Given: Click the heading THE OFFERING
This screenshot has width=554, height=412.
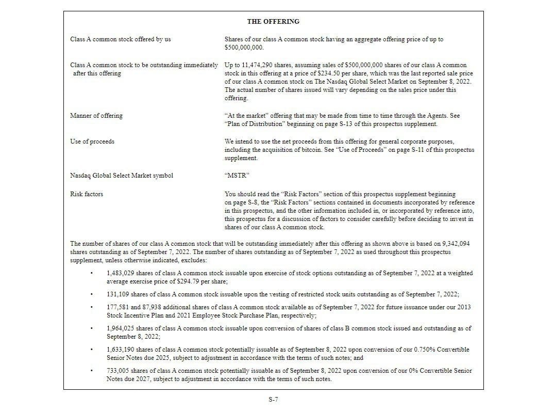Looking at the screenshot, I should point(273,22).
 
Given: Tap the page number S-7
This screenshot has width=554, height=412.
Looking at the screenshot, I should point(273,399).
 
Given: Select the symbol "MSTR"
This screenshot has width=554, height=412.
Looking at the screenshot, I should point(235,176).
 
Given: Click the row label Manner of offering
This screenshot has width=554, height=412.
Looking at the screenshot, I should point(96,116).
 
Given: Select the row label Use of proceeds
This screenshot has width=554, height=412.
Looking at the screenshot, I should point(92,141).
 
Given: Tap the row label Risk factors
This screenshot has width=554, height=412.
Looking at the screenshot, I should point(87,194).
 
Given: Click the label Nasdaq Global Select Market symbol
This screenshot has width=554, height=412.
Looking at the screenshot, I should point(122,176).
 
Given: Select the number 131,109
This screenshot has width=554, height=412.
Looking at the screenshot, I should point(118,294).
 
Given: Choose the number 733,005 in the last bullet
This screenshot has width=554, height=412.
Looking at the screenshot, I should point(118,371).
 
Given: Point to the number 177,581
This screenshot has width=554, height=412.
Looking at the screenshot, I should point(118,307).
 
